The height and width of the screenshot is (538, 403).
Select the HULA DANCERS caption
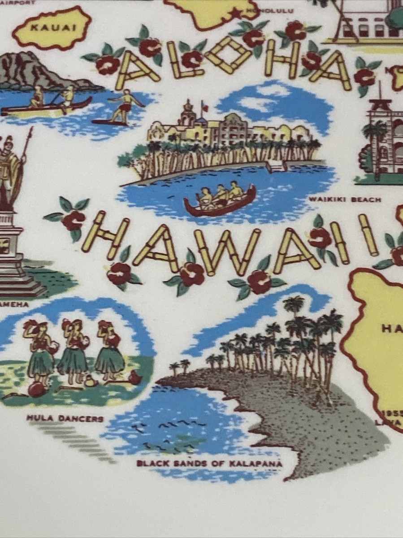(65, 419)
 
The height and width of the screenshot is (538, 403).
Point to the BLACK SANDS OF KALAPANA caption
(209, 464)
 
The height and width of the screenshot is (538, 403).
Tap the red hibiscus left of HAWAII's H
(73, 220)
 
